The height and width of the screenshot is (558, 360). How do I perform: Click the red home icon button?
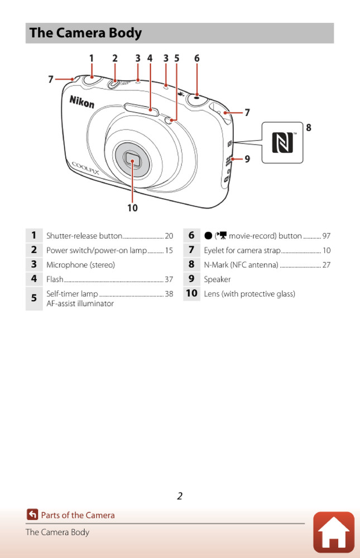coord(333,532)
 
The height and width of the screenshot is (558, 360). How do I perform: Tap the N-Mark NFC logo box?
coord(282,143)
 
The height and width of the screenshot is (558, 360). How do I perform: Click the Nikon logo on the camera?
coord(81,102)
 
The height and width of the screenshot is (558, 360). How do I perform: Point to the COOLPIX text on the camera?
coord(85,167)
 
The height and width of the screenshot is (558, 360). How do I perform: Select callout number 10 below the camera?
coord(132,208)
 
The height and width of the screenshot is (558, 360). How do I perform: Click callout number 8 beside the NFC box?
coord(308,128)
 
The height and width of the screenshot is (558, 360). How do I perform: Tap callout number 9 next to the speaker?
coord(247,159)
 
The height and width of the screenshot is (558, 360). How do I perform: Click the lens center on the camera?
coord(132,161)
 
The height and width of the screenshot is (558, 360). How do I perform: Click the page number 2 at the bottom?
coord(180,496)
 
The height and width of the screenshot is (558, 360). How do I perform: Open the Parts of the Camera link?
coord(78,515)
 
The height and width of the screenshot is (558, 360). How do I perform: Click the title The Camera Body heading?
coord(86,33)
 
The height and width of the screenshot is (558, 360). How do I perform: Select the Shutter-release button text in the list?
coord(84,236)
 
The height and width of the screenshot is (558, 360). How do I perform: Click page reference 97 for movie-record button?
coord(327,236)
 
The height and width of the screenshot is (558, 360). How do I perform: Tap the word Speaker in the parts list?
coord(217,279)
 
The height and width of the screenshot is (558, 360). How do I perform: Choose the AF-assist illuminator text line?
coord(80,304)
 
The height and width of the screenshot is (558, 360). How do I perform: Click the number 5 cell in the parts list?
coord(34,298)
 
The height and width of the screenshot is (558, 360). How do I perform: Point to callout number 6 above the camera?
coord(196,58)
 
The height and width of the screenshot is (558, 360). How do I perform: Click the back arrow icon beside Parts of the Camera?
coord(32,515)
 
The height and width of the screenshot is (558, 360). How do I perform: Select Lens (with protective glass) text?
coord(249,294)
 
